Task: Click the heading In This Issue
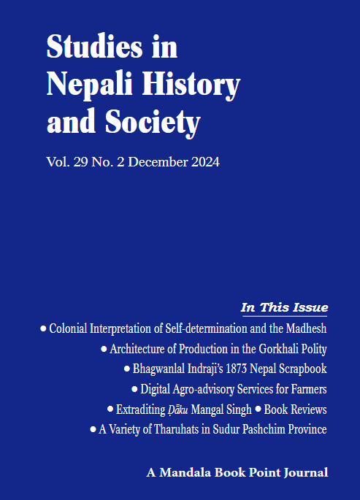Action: coord(284,307)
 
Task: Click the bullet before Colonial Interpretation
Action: coord(44,328)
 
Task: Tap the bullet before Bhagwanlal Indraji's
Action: coord(127,369)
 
